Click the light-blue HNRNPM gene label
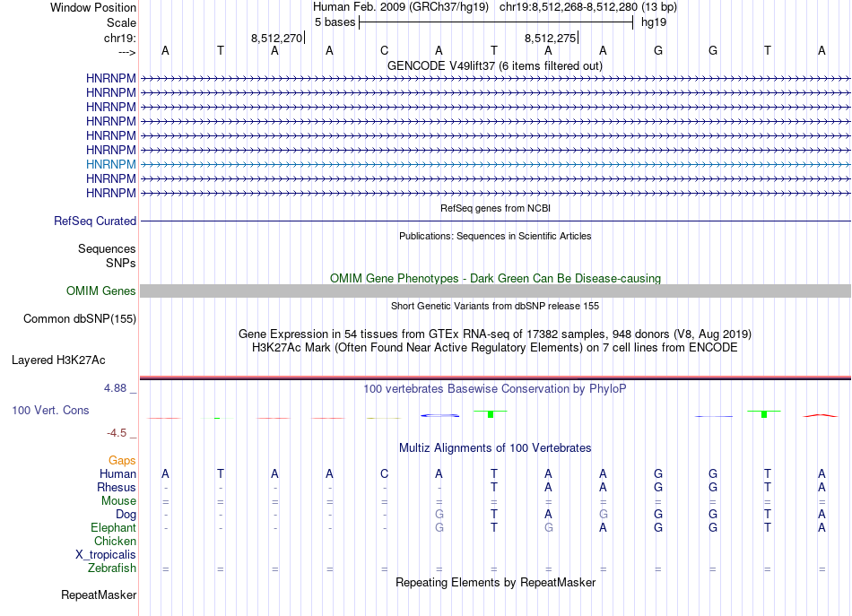(111, 164)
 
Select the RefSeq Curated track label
(95, 221)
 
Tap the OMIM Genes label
(101, 291)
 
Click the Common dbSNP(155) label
(80, 318)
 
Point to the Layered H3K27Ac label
(58, 360)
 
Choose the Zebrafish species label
(112, 568)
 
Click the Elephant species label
(113, 527)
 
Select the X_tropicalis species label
(106, 554)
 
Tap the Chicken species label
(115, 541)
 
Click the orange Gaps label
(122, 460)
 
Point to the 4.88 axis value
(117, 388)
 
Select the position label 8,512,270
(276, 38)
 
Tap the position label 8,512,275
(550, 38)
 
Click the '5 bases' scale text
(334, 22)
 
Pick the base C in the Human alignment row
(384, 473)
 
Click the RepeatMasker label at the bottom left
(99, 594)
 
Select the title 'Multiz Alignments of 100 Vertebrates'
(495, 447)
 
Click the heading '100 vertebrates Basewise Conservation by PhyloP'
(495, 389)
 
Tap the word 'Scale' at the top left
(121, 22)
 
